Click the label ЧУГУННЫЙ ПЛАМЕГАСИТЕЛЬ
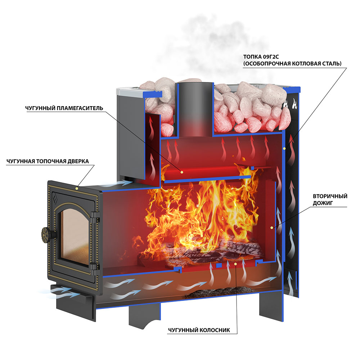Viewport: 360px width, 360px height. pyautogui.click(x=64, y=108)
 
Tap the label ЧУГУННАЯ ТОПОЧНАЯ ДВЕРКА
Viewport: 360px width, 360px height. pyautogui.click(x=48, y=161)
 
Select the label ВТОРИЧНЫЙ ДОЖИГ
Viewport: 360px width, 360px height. pyautogui.click(x=330, y=199)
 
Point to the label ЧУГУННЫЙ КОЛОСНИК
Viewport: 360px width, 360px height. pyautogui.click(x=199, y=330)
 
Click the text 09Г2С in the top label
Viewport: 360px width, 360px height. pyautogui.click(x=271, y=57)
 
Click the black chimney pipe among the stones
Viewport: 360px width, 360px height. pyautogui.click(x=195, y=105)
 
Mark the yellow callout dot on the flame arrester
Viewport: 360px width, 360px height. pyautogui.click(x=182, y=172)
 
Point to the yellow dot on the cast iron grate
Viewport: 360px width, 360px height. pyautogui.click(x=235, y=264)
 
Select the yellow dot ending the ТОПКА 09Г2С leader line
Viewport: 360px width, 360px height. pyautogui.click(x=284, y=149)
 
